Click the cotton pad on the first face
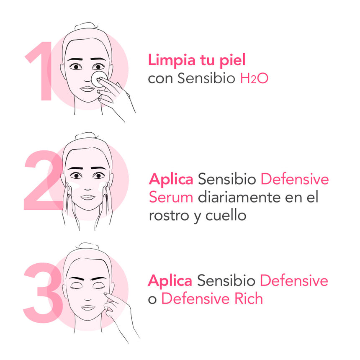point(99,78)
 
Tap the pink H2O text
point(254,79)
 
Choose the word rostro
point(169,216)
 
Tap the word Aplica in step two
point(171,180)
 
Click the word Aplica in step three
point(170,281)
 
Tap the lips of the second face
point(88,196)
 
